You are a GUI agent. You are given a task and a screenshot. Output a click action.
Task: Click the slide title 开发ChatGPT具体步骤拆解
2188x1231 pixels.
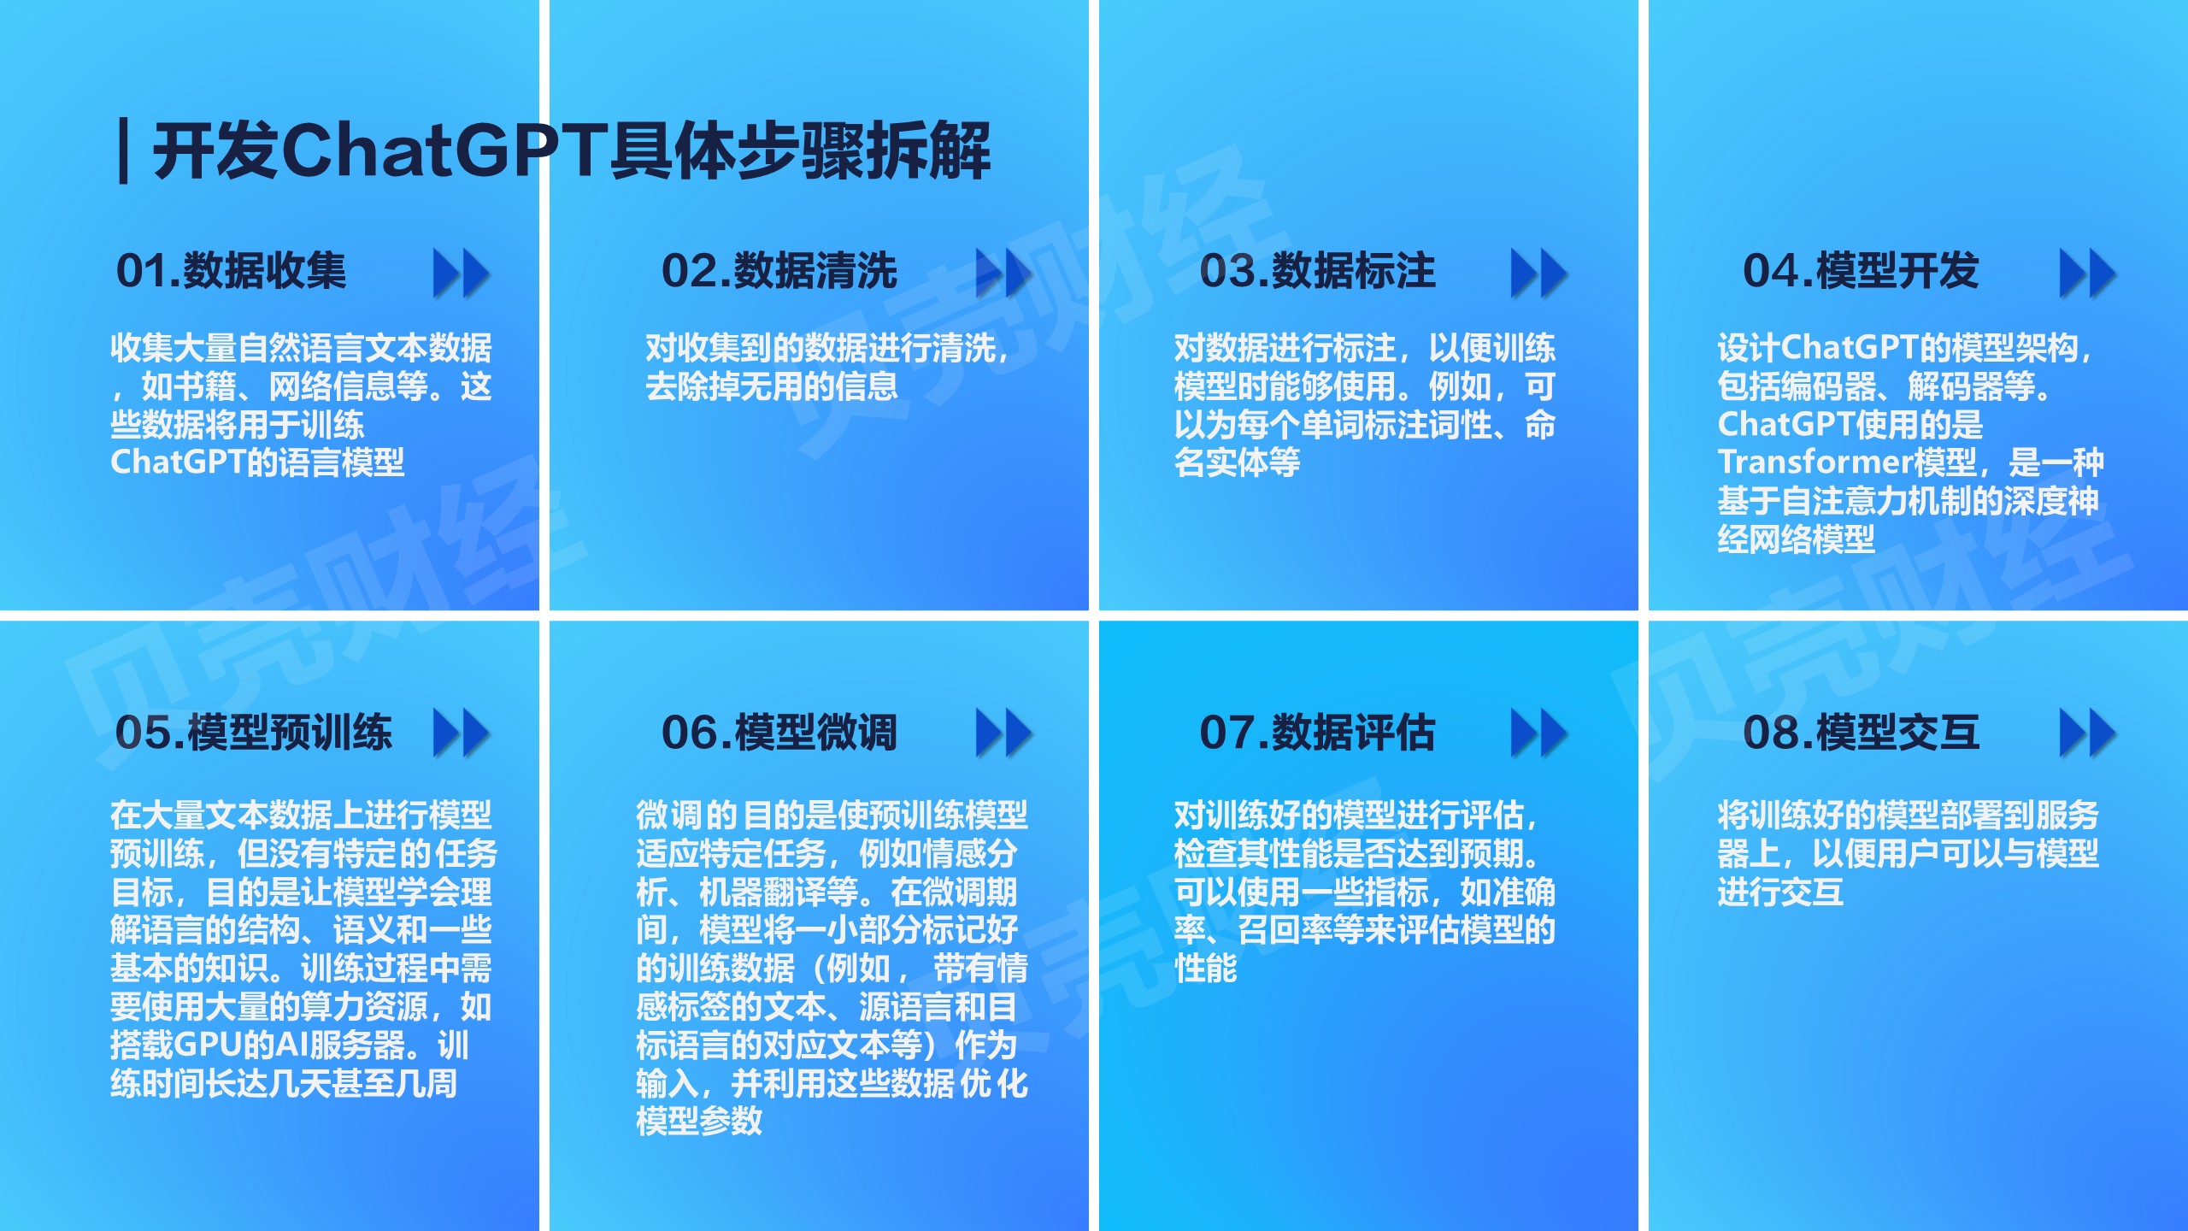[572, 151]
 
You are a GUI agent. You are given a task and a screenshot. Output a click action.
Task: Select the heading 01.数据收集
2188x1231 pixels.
[231, 271]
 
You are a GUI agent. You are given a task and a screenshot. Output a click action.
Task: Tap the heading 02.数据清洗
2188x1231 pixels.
[779, 271]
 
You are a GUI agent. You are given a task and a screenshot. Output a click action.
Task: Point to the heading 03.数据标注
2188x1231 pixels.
[1317, 271]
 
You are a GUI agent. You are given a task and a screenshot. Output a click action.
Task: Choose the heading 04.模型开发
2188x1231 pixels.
[1861, 271]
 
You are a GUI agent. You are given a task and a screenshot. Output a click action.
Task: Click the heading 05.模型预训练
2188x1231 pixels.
[254, 732]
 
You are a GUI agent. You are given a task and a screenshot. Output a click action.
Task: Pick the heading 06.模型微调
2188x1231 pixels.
[779, 732]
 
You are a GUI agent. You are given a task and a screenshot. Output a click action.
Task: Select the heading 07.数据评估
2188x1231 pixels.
[1317, 732]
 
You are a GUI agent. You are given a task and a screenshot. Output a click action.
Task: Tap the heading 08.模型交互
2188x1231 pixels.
[1861, 732]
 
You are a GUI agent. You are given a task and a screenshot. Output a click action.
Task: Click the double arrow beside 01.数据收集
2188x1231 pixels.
[462, 274]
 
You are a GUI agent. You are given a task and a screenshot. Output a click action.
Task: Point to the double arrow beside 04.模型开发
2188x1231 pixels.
[2088, 274]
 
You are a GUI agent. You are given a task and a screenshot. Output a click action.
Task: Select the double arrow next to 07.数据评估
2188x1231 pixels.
[1539, 733]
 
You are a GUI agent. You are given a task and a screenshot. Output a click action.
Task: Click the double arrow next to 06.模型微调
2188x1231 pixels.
[1004, 733]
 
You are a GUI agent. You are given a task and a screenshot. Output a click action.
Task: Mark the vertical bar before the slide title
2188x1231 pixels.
[124, 151]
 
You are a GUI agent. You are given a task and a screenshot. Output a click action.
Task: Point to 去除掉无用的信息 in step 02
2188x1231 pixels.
[772, 386]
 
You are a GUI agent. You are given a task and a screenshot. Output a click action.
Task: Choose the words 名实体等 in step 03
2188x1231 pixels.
[1237, 462]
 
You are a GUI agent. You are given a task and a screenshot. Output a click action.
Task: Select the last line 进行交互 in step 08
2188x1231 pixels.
[1780, 892]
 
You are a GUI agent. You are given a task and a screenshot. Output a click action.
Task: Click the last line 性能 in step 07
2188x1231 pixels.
[1205, 969]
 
